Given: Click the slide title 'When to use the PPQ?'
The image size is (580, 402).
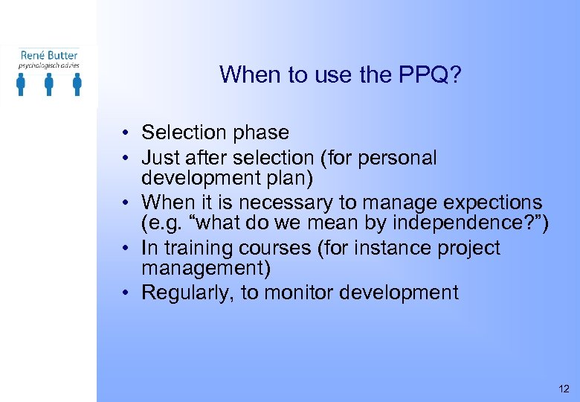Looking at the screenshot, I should coord(341,74).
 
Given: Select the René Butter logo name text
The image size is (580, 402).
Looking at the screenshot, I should coord(49,54).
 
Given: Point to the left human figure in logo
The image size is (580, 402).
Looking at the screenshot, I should coord(21,84).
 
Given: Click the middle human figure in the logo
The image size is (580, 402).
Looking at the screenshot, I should coord(49,84).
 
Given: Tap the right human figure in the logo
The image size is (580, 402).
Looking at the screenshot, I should coord(77,84).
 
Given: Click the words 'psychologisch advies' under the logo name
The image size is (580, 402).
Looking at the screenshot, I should coord(49,66).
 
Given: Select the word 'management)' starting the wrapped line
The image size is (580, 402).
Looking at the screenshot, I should coord(206,267).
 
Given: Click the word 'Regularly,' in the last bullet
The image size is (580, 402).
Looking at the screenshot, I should coord(187,293).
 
